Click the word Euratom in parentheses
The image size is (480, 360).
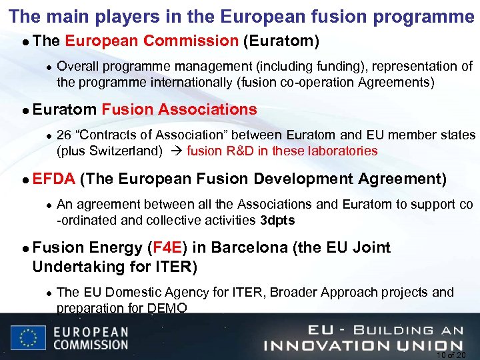point(281,41)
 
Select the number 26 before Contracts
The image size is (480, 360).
point(65,135)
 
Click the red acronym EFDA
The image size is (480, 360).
point(54,179)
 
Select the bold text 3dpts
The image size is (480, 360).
point(277,220)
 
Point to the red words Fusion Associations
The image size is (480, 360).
point(179,109)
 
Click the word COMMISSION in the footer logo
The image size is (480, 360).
point(90,345)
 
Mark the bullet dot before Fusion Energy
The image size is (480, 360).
point(23,249)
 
